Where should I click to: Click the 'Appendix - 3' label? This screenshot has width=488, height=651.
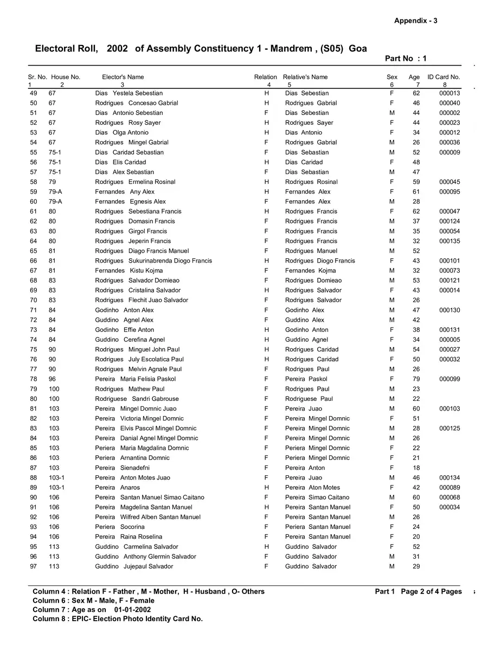pyautogui.click(x=415, y=21)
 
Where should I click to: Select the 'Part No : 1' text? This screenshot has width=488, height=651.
pyautogui.click(x=406, y=59)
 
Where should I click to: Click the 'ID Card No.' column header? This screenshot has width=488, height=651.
pyautogui.click(x=444, y=77)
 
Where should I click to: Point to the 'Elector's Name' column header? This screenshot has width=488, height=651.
pyautogui.click(x=123, y=77)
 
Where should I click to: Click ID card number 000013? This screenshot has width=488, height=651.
pyautogui.click(x=450, y=93)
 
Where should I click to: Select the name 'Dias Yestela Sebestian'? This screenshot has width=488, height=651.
pyautogui.click(x=129, y=93)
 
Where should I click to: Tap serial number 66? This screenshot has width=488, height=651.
pyautogui.click(x=34, y=261)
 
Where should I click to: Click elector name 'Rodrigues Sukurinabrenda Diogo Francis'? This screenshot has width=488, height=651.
pyautogui.click(x=153, y=261)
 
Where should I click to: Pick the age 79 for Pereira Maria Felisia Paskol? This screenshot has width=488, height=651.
pyautogui.click(x=416, y=379)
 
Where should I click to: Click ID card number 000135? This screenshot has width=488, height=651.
pyautogui.click(x=450, y=241)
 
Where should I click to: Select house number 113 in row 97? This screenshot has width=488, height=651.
pyautogui.click(x=54, y=566)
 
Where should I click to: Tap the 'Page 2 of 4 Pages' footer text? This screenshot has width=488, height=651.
pyautogui.click(x=431, y=591)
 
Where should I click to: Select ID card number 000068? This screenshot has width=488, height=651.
pyautogui.click(x=450, y=497)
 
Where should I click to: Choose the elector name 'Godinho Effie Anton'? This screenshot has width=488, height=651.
pyautogui.click(x=124, y=330)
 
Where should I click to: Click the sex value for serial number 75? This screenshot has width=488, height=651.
pyautogui.click(x=391, y=349)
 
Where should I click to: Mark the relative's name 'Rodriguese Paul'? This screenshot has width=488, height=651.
pyautogui.click(x=309, y=399)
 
